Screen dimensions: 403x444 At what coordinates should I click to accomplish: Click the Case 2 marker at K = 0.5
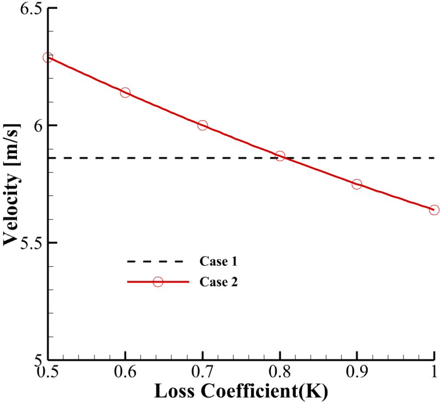(48, 58)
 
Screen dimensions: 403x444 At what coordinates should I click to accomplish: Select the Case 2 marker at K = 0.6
(125, 92)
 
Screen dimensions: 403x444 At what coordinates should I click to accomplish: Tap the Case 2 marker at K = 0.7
(202, 125)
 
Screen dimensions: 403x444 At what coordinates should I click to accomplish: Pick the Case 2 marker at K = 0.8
(280, 156)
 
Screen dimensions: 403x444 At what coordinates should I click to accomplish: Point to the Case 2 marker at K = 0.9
(357, 184)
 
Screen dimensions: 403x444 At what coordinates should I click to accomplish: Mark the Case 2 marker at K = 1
(434, 210)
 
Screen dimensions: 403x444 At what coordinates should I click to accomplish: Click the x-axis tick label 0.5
(48, 372)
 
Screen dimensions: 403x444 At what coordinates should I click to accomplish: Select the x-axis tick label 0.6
(125, 372)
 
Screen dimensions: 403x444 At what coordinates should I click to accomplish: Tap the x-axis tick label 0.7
(202, 372)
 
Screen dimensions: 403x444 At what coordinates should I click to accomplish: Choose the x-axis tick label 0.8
(280, 372)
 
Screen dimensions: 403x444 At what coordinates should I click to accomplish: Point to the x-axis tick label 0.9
(357, 372)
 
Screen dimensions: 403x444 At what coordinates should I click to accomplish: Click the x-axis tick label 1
(434, 372)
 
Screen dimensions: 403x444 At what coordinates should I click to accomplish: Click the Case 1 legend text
(218, 261)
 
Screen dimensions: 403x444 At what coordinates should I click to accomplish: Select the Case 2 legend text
(218, 282)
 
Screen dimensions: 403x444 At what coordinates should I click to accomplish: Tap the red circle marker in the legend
(158, 282)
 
